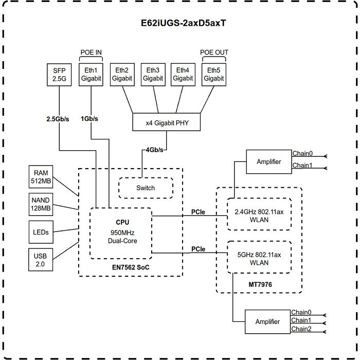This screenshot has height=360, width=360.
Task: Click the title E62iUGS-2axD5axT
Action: (x=179, y=24)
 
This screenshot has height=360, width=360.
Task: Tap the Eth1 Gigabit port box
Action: (x=92, y=74)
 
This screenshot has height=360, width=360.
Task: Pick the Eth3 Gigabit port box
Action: (x=153, y=74)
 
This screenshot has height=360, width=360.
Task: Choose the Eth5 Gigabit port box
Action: (x=213, y=74)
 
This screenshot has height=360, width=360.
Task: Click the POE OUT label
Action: (x=214, y=52)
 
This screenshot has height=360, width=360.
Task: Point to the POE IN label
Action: (x=92, y=52)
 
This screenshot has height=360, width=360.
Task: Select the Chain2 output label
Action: (x=301, y=329)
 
